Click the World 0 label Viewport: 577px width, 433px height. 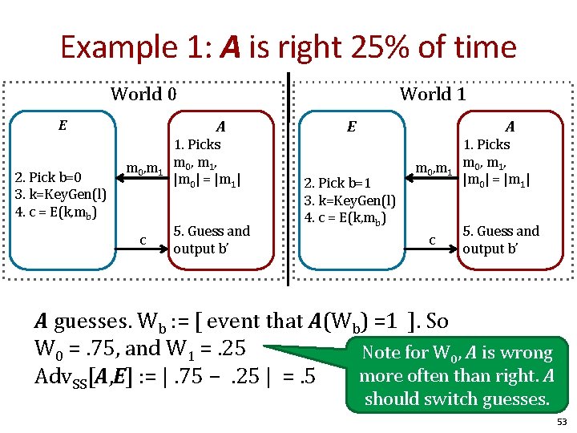tap(143, 94)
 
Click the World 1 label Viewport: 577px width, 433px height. tap(433, 94)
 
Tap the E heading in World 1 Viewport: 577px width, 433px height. tap(351, 126)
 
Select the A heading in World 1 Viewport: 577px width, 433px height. tap(510, 126)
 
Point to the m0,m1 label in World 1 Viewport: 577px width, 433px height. tap(434, 169)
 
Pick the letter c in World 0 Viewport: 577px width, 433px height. tap(143, 239)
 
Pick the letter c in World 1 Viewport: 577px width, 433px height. tap(432, 239)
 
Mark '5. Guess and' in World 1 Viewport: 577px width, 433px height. tap(501, 231)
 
